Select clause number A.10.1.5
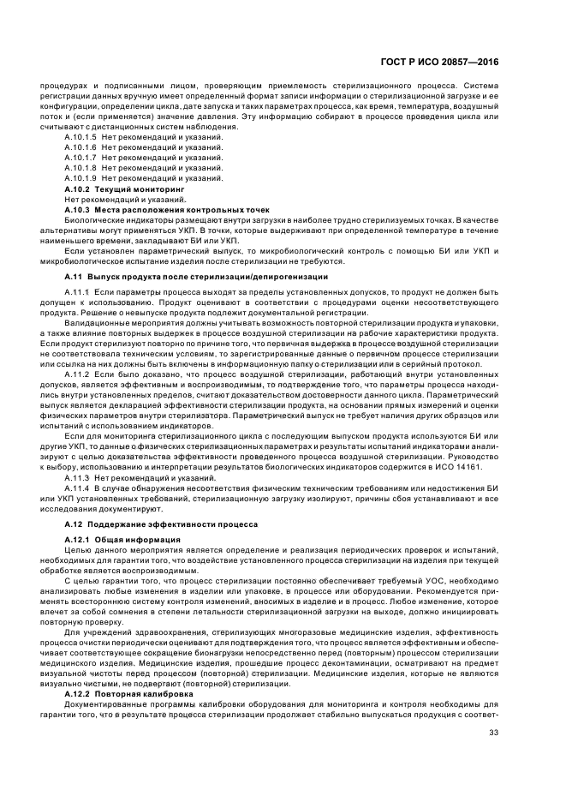pyautogui.click(x=80, y=136)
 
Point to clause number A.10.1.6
pyautogui.click(x=80, y=147)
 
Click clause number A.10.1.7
pyautogui.click(x=80, y=158)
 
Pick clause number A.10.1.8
pyautogui.click(x=80, y=168)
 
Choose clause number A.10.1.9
pyautogui.click(x=80, y=178)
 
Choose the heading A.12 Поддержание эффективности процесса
pyautogui.click(x=163, y=523)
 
